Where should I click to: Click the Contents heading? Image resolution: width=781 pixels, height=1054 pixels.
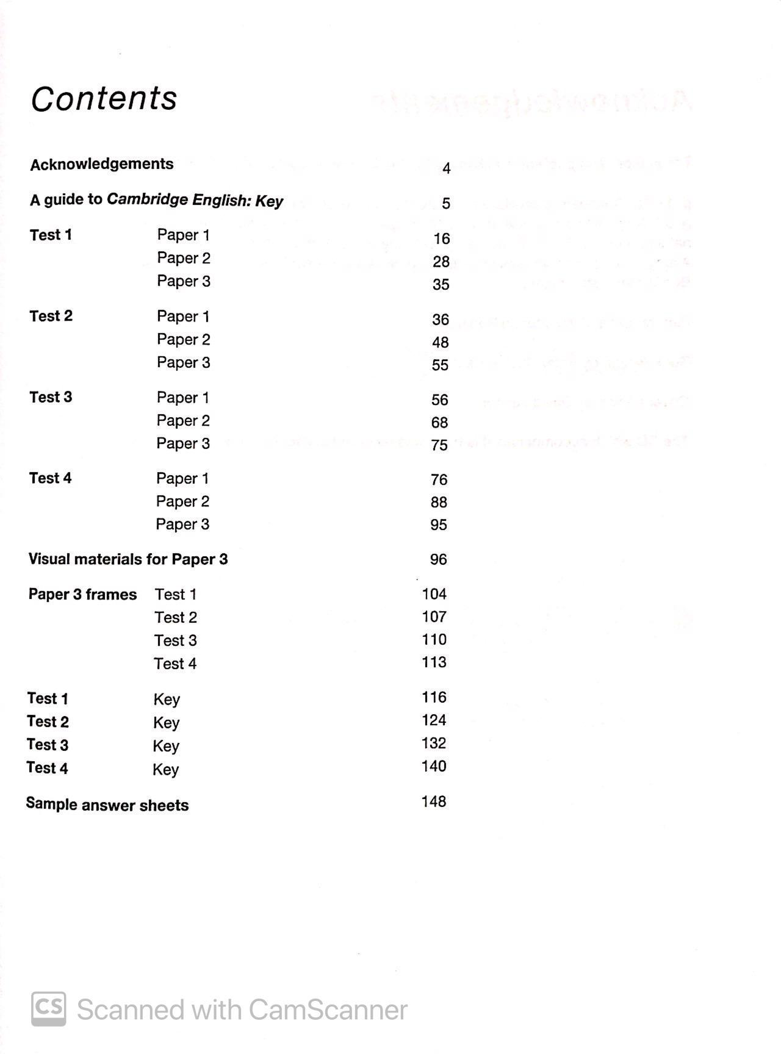coord(104,99)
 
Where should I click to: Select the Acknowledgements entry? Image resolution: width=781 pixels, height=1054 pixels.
coord(102,164)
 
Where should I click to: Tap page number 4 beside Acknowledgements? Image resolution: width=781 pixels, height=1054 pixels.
coord(446,168)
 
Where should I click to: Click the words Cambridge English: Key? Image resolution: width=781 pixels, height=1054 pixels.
coord(195,201)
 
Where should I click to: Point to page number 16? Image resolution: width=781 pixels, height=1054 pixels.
coord(441,238)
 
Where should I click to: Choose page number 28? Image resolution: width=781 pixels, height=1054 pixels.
coord(441,262)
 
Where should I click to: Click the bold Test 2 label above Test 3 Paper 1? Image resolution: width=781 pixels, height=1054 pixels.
coord(51,316)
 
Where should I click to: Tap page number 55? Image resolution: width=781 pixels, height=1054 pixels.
coord(440,365)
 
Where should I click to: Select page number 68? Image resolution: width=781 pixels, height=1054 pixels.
coord(439,422)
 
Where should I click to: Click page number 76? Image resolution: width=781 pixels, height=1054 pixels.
coord(439,479)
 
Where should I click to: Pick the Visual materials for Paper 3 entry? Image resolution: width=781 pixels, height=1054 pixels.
coord(128,559)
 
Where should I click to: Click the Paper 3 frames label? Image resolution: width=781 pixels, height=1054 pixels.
coord(82,594)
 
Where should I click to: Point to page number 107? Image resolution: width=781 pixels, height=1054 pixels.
coord(434,617)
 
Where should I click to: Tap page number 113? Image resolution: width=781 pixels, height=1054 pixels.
coord(434,662)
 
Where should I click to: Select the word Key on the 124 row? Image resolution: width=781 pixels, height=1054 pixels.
coord(166,723)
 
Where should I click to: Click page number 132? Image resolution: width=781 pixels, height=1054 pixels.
coord(433,743)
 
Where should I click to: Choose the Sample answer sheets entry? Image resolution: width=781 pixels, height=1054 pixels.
coord(107,805)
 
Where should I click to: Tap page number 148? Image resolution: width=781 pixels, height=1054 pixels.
coord(433,801)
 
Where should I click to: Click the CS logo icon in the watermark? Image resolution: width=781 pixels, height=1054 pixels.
coord(49,1009)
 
